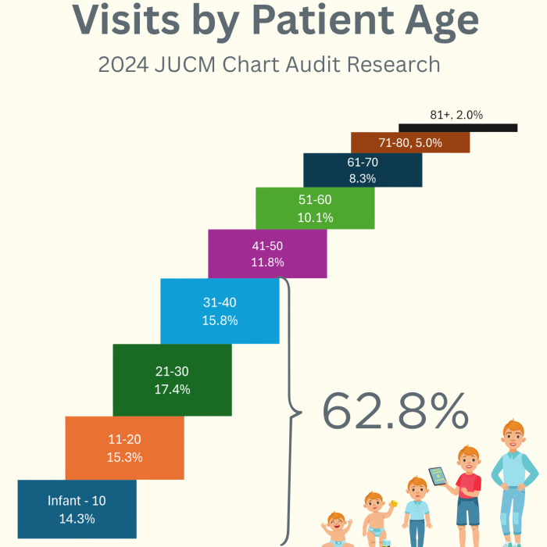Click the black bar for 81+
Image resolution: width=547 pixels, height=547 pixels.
point(458,127)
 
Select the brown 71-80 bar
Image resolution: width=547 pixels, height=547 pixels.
point(410,143)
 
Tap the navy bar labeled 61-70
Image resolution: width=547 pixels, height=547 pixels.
point(363,170)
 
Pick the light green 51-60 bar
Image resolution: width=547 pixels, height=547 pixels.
point(315,209)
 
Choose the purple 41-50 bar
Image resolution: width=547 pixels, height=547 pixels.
point(267,253)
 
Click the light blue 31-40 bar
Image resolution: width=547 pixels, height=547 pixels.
point(220,310)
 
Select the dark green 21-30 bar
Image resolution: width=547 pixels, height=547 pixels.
point(172,380)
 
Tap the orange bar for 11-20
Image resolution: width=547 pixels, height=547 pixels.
point(124,448)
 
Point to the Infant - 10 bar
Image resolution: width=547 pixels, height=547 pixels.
point(77,509)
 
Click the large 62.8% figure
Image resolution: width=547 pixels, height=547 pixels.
point(395,411)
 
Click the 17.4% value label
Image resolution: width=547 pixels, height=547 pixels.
point(172,389)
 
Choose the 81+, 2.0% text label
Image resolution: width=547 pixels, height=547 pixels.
point(456,115)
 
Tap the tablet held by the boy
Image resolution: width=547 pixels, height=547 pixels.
point(438,475)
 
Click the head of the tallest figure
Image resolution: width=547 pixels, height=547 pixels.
point(513,435)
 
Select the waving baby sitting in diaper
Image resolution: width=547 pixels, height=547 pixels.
point(338,530)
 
